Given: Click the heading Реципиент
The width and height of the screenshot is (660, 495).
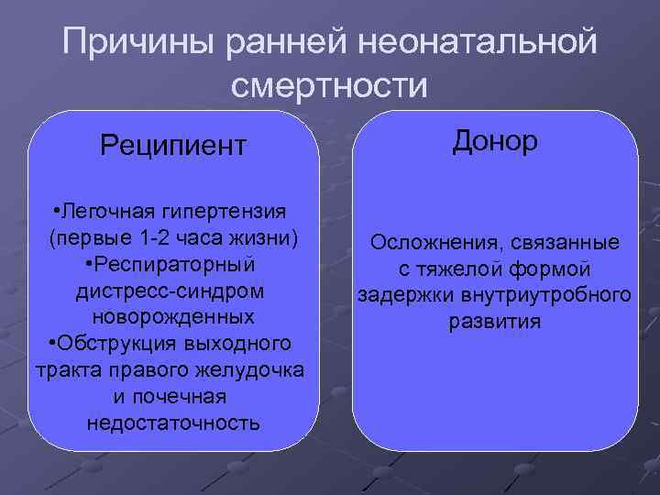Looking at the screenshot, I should click(173, 145).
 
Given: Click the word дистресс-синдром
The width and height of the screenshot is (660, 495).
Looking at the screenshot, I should click(173, 291).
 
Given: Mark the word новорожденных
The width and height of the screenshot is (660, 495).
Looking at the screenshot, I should click(173, 317).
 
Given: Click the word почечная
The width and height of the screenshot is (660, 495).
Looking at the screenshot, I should click(183, 397).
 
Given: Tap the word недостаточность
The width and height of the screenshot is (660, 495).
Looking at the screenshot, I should click(173, 423).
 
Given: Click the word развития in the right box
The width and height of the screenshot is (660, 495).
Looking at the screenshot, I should click(495, 323).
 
